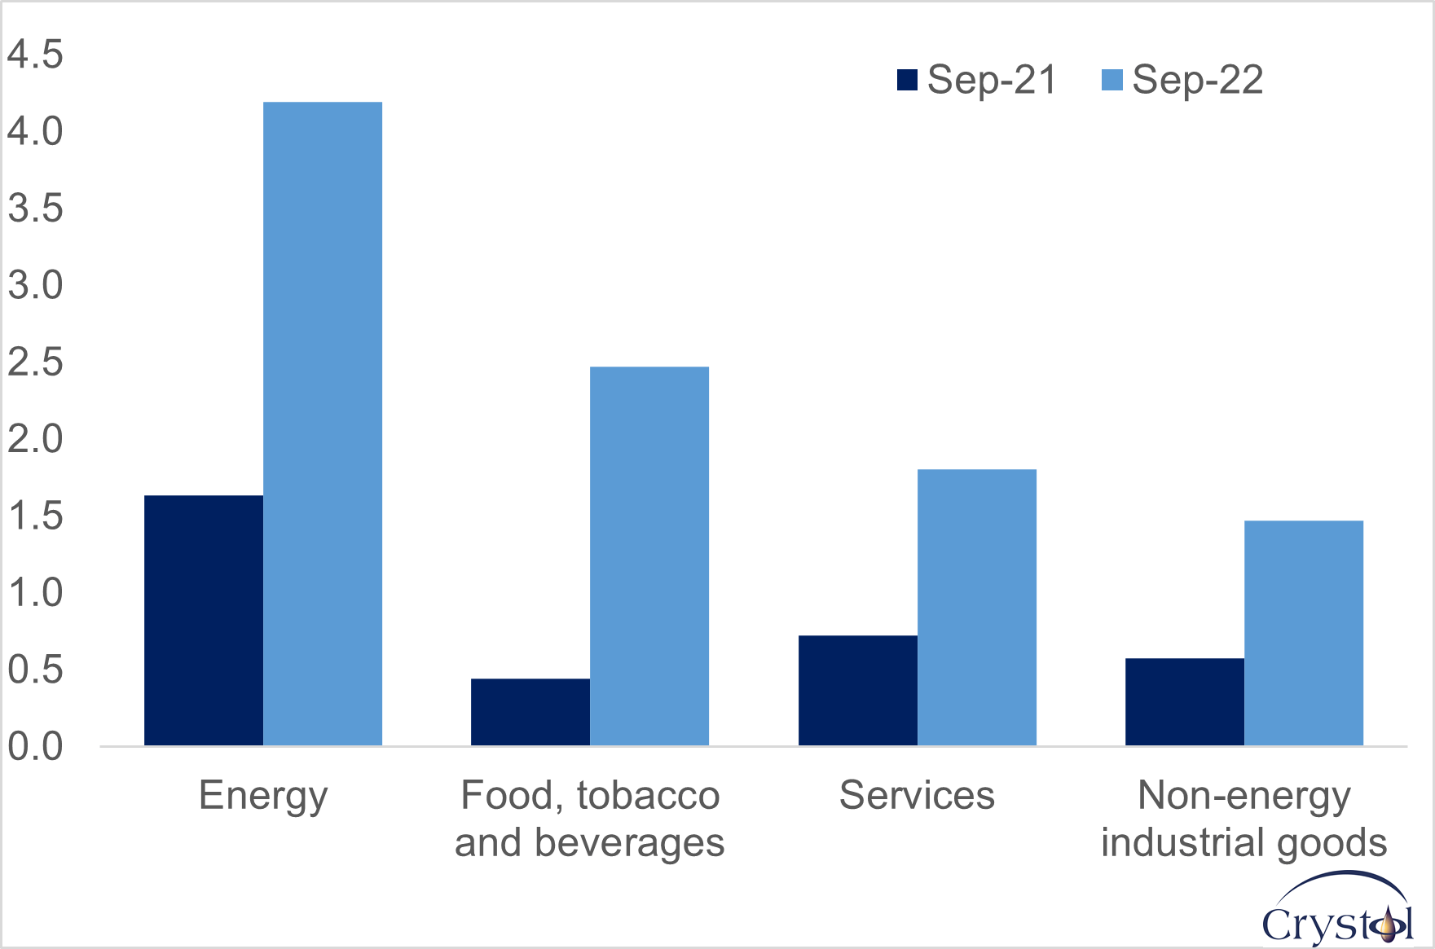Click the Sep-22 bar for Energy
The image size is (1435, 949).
[323, 424]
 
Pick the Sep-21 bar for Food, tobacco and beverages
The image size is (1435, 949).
[530, 712]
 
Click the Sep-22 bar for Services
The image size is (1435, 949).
[977, 608]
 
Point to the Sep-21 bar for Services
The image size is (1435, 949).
[858, 691]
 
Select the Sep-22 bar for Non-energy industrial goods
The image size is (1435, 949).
[1304, 633]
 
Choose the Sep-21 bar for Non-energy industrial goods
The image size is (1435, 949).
[1185, 702]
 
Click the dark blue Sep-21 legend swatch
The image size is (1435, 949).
[907, 80]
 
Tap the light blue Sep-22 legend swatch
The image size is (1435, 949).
[1112, 80]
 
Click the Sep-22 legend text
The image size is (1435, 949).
[1197, 80]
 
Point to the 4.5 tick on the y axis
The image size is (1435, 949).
[35, 55]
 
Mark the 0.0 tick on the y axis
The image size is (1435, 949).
[35, 746]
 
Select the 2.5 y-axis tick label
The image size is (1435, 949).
[35, 362]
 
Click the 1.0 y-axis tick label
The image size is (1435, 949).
[35, 592]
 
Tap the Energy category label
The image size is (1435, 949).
[263, 796]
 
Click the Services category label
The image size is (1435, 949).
[917, 795]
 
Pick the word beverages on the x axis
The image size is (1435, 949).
[629, 843]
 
